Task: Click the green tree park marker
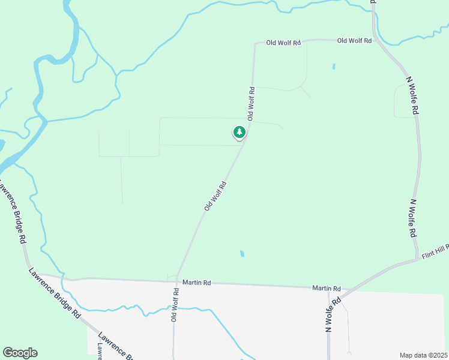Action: click(x=240, y=132)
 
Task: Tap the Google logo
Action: click(x=20, y=353)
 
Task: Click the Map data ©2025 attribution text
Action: click(x=424, y=355)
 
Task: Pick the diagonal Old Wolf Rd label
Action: click(x=215, y=196)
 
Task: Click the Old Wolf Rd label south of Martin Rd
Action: click(x=175, y=304)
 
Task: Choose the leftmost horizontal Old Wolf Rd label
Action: click(x=283, y=43)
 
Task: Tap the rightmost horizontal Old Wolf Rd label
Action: click(x=354, y=41)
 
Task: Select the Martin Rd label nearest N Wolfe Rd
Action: click(x=326, y=289)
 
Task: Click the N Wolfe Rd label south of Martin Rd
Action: click(x=333, y=314)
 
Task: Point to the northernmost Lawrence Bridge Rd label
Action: click(x=17, y=217)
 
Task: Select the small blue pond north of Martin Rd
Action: click(x=242, y=254)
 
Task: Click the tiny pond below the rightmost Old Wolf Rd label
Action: click(x=334, y=66)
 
